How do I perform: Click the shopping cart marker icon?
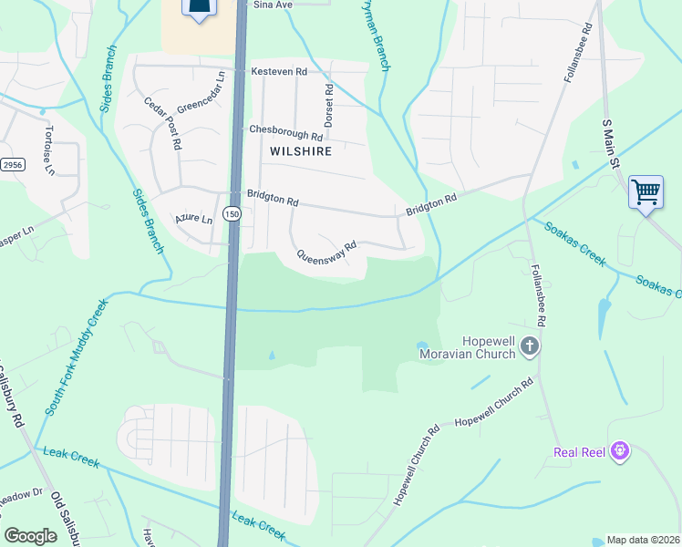[646, 192]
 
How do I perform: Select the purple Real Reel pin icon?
[620, 450]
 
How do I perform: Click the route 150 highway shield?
[232, 214]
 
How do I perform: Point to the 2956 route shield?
[11, 165]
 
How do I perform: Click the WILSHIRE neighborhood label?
[300, 150]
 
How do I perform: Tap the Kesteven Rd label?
[279, 71]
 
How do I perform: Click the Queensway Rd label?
[324, 251]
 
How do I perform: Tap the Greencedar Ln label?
[201, 93]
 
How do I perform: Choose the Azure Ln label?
[193, 220]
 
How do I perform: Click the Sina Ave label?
[272, 5]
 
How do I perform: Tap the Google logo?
[30, 536]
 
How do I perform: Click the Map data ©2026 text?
[643, 540]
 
